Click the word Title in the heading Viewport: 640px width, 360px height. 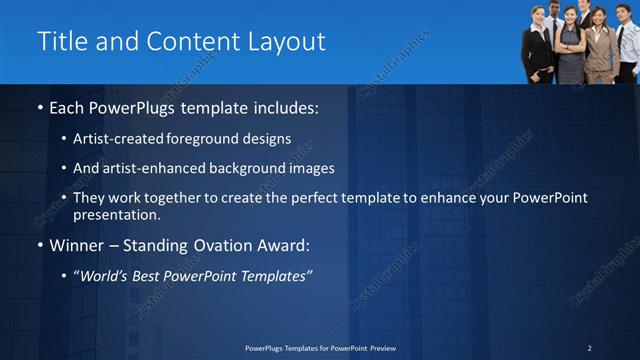[x=60, y=42]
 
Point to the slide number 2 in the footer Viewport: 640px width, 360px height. [x=589, y=348]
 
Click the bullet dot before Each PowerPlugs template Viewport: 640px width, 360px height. [x=39, y=106]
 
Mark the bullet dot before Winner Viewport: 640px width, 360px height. [x=39, y=245]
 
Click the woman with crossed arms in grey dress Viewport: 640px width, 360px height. [x=570, y=45]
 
